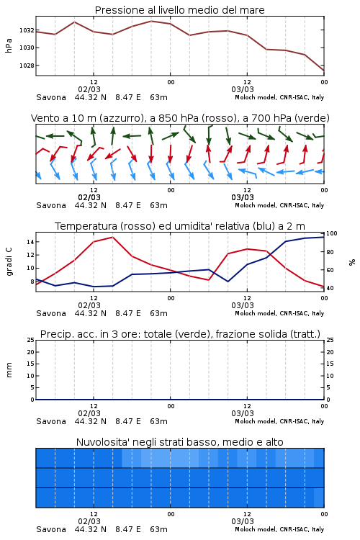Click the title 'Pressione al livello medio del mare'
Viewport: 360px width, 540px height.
coord(179,10)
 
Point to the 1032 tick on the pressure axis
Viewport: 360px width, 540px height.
coord(27,30)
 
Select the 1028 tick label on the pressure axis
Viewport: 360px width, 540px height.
coord(27,66)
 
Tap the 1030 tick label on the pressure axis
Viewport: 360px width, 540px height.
coord(27,48)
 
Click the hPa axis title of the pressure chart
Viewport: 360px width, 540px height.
coord(9,45)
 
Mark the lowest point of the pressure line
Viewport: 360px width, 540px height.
coord(324,71)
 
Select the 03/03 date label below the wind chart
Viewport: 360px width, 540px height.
coord(243,197)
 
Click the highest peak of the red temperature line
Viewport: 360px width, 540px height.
coord(112,237)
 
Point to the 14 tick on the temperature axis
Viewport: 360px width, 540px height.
coord(30,242)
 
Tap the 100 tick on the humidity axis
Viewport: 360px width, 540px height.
coord(332,233)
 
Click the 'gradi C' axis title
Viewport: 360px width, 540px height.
coord(9,261)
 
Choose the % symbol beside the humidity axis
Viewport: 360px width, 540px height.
coord(352,262)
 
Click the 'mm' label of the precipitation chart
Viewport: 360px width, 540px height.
coord(9,370)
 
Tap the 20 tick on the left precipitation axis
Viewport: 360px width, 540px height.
coord(30,352)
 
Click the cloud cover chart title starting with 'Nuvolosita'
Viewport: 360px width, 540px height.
coord(179,442)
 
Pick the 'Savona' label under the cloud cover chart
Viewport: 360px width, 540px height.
coord(51,529)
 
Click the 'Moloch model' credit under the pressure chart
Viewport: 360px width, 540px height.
coord(255,97)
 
